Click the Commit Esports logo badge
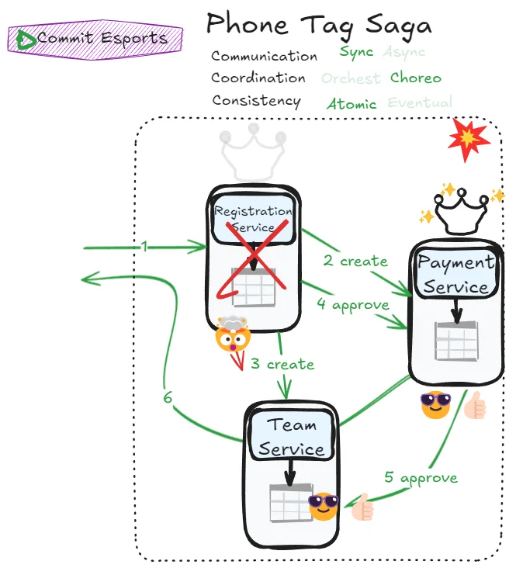click(x=95, y=38)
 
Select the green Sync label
click(x=356, y=53)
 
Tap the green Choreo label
click(x=416, y=78)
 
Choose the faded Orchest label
click(x=351, y=78)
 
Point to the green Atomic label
click(x=352, y=104)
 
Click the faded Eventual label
click(x=420, y=102)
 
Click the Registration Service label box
click(x=254, y=219)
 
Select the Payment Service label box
click(x=456, y=274)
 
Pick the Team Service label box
click(x=292, y=436)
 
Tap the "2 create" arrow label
click(x=355, y=261)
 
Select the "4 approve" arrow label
click(x=352, y=304)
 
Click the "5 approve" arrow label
click(x=421, y=477)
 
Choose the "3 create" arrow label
click(x=282, y=364)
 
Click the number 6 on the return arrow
click(x=168, y=397)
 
